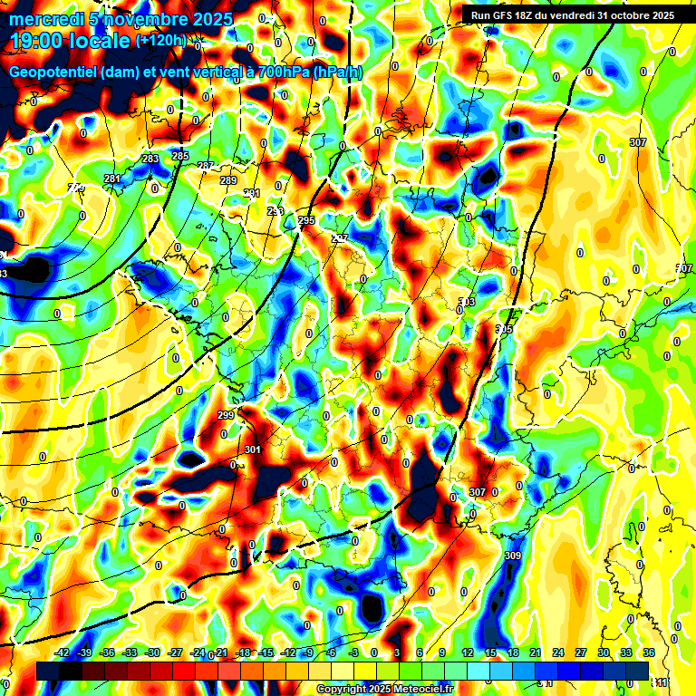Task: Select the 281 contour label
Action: click(111, 179)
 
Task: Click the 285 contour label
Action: click(180, 157)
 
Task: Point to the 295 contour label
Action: click(305, 221)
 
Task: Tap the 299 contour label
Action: click(227, 415)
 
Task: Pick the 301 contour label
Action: click(253, 449)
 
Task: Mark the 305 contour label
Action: click(504, 329)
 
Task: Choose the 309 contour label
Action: click(513, 556)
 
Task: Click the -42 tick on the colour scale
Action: click(63, 652)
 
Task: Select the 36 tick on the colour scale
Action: click(649, 652)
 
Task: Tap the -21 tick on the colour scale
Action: click(221, 652)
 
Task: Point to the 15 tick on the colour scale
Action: click(489, 652)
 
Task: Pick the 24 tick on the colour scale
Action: click(557, 652)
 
